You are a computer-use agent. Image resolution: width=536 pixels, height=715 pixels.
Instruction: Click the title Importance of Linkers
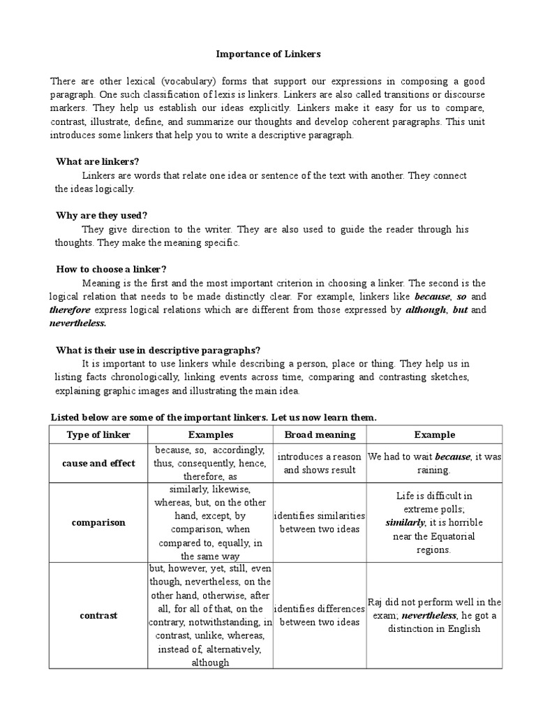click(x=267, y=54)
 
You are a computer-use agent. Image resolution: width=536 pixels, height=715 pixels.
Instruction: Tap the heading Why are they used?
click(x=102, y=215)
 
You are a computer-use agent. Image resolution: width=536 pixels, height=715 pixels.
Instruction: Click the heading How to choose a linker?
click(x=112, y=269)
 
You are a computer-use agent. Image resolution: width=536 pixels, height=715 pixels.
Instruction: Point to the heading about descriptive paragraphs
click(x=158, y=350)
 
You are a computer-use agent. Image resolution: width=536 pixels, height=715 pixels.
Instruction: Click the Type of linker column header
click(x=98, y=434)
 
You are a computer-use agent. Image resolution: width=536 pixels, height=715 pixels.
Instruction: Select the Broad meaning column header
click(x=320, y=434)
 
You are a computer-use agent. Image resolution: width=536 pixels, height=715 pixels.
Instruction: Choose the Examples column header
click(x=210, y=434)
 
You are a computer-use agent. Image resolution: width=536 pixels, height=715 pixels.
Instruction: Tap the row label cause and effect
click(x=98, y=463)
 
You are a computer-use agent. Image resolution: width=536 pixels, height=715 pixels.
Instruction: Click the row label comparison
click(x=98, y=523)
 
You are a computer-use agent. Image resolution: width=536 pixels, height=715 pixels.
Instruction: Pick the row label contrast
click(x=98, y=615)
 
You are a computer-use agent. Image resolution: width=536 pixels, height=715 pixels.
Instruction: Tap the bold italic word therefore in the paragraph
click(x=70, y=309)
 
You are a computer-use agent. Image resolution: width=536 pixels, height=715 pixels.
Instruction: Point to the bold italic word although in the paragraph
click(x=425, y=309)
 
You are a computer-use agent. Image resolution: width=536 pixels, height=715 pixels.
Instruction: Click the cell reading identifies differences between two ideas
click(x=320, y=615)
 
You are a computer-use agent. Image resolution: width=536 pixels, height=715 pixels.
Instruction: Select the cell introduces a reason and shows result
click(x=320, y=463)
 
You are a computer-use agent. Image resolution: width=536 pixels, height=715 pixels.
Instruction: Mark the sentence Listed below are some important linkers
click(x=214, y=418)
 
